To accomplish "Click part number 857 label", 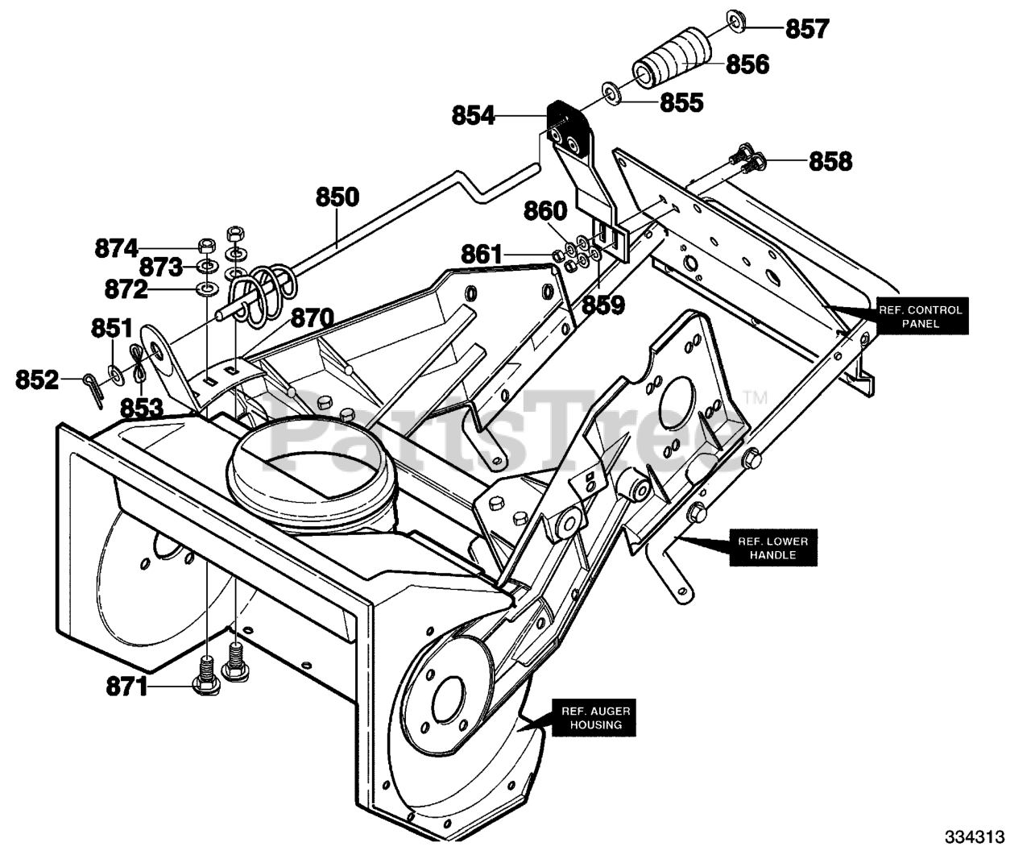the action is tap(807, 29).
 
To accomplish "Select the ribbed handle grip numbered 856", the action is tap(672, 59).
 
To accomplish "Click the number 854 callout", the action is tap(473, 116).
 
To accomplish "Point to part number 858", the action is tap(830, 161).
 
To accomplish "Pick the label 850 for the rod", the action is tap(337, 197).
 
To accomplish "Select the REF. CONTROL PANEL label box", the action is tap(922, 316).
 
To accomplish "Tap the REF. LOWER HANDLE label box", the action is tap(773, 548).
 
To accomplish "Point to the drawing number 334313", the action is tap(975, 837).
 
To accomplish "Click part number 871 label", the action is tap(127, 687).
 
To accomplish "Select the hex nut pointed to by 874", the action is tap(205, 245).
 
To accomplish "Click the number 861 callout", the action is tap(482, 255).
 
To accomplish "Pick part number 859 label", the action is tap(603, 305).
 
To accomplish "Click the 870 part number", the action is tap(312, 318).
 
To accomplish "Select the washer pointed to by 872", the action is tap(206, 288).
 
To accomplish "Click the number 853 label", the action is tap(142, 408).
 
